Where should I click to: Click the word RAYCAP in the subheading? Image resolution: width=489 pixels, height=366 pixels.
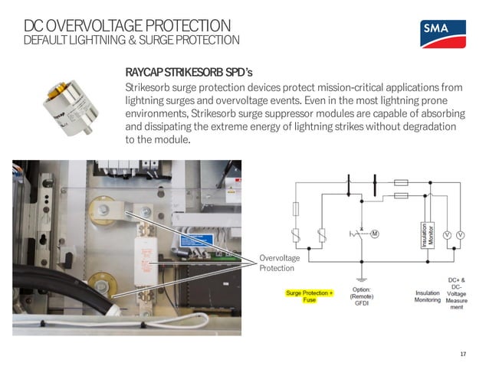(x=146, y=72)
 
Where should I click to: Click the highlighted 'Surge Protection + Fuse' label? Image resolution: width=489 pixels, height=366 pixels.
(x=310, y=296)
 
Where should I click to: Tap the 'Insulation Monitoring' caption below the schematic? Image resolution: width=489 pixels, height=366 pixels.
(x=428, y=296)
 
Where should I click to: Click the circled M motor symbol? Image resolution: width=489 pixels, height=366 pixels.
(x=375, y=234)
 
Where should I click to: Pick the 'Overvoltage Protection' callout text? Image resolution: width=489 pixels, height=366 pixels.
(x=277, y=264)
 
